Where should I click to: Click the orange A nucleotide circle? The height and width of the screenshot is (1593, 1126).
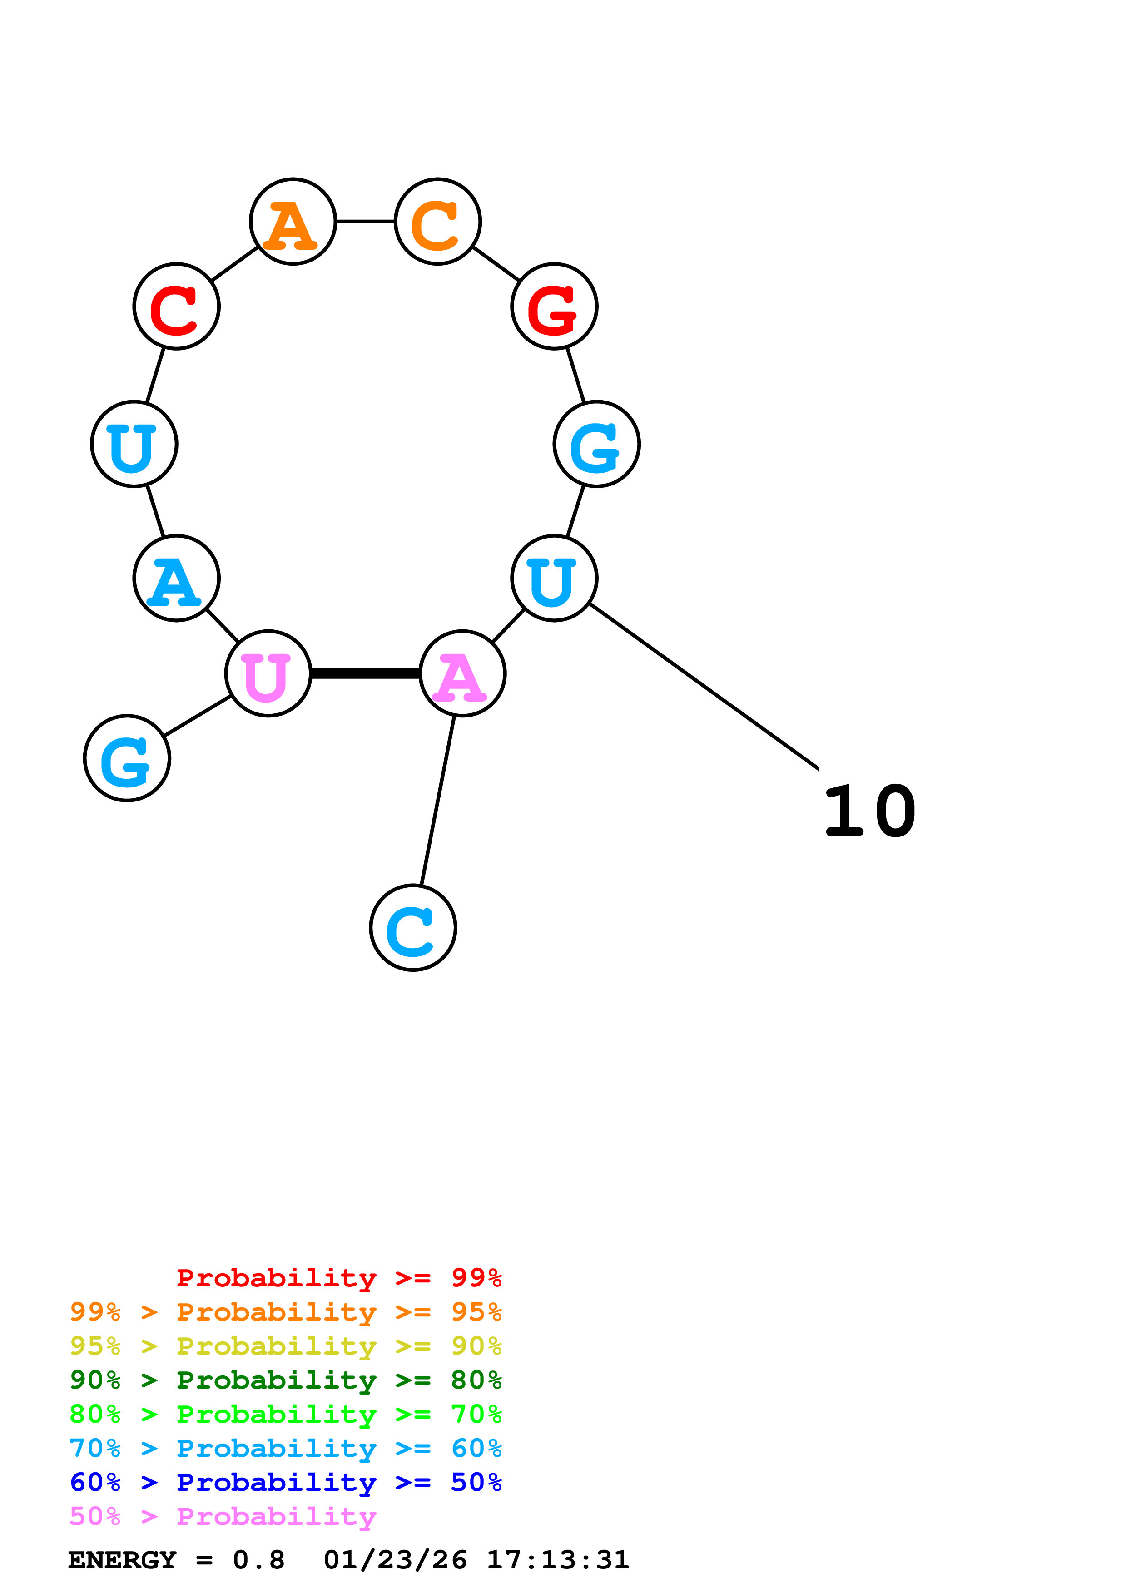click(x=293, y=222)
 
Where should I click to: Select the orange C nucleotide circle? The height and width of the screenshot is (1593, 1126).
click(x=438, y=222)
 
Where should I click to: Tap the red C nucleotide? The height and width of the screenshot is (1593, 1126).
click(x=176, y=307)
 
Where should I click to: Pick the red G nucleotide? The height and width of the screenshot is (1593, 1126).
click(x=554, y=307)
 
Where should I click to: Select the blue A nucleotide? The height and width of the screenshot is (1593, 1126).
click(x=176, y=579)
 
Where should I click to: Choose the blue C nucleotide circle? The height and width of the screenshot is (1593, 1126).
click(x=413, y=928)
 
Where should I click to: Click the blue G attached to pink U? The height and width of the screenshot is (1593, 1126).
click(x=127, y=758)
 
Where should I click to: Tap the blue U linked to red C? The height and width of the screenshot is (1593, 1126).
click(x=134, y=444)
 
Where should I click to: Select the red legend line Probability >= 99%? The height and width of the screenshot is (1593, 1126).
click(x=338, y=1278)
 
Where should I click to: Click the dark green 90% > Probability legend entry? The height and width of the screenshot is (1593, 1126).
click(x=285, y=1380)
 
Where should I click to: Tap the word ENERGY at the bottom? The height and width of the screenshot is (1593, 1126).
click(x=122, y=1560)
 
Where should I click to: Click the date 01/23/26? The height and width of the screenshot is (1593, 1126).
click(x=395, y=1560)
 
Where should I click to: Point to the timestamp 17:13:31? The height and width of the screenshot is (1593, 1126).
click(x=558, y=1560)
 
